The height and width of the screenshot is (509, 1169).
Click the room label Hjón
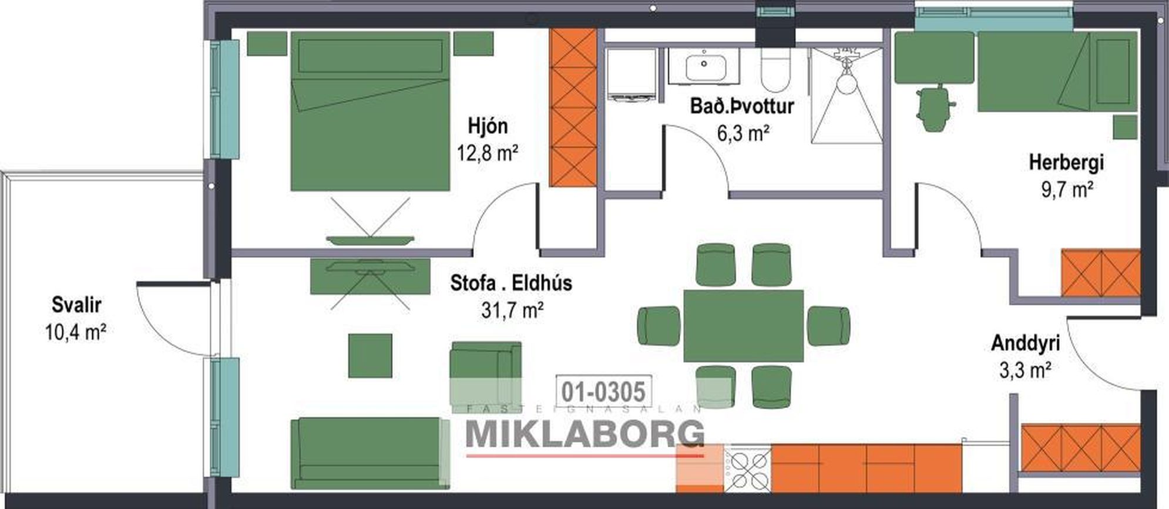488,126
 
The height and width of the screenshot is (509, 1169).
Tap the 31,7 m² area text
512,309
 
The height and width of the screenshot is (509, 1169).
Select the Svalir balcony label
76,305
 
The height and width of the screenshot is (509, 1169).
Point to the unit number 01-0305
604,391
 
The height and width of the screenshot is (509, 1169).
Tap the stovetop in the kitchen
747,470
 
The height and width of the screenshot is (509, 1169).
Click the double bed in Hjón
370,111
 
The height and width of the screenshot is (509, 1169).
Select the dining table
744,326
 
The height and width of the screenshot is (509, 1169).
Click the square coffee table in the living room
370,356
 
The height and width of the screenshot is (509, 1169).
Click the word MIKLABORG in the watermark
585,433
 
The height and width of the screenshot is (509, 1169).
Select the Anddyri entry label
1026,343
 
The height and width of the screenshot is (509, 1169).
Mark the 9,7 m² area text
1067,190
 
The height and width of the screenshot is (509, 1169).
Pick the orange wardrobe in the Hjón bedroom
573,108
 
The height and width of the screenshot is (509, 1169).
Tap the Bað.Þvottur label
742,107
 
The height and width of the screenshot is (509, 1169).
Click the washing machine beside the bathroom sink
630,75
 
